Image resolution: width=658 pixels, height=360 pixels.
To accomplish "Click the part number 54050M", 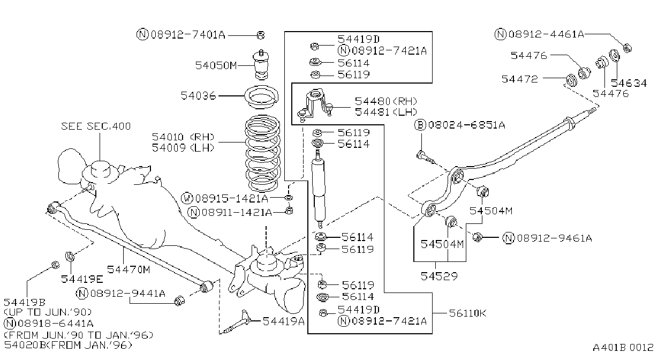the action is click(216, 65).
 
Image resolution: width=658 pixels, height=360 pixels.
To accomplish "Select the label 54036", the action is click(198, 95).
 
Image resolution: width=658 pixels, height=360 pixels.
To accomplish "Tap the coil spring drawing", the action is click(262, 153).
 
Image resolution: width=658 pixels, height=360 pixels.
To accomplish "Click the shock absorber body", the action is click(319, 190).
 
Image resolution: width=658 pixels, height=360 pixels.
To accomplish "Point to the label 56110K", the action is click(467, 313).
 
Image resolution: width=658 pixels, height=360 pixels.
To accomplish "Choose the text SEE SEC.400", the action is click(96, 126).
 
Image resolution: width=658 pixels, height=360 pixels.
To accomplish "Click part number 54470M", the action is click(128, 269).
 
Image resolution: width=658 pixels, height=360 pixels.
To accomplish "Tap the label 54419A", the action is click(283, 321).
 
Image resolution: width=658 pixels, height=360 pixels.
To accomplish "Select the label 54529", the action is click(439, 276).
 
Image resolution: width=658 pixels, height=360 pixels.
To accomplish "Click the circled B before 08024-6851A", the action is click(420, 125).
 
